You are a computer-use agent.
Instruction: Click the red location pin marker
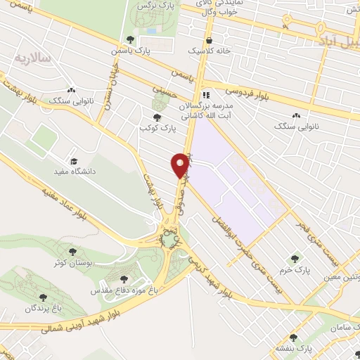pyautogui.click(x=181, y=165)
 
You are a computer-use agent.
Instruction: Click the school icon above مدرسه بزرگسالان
pyautogui.click(x=205, y=95)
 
